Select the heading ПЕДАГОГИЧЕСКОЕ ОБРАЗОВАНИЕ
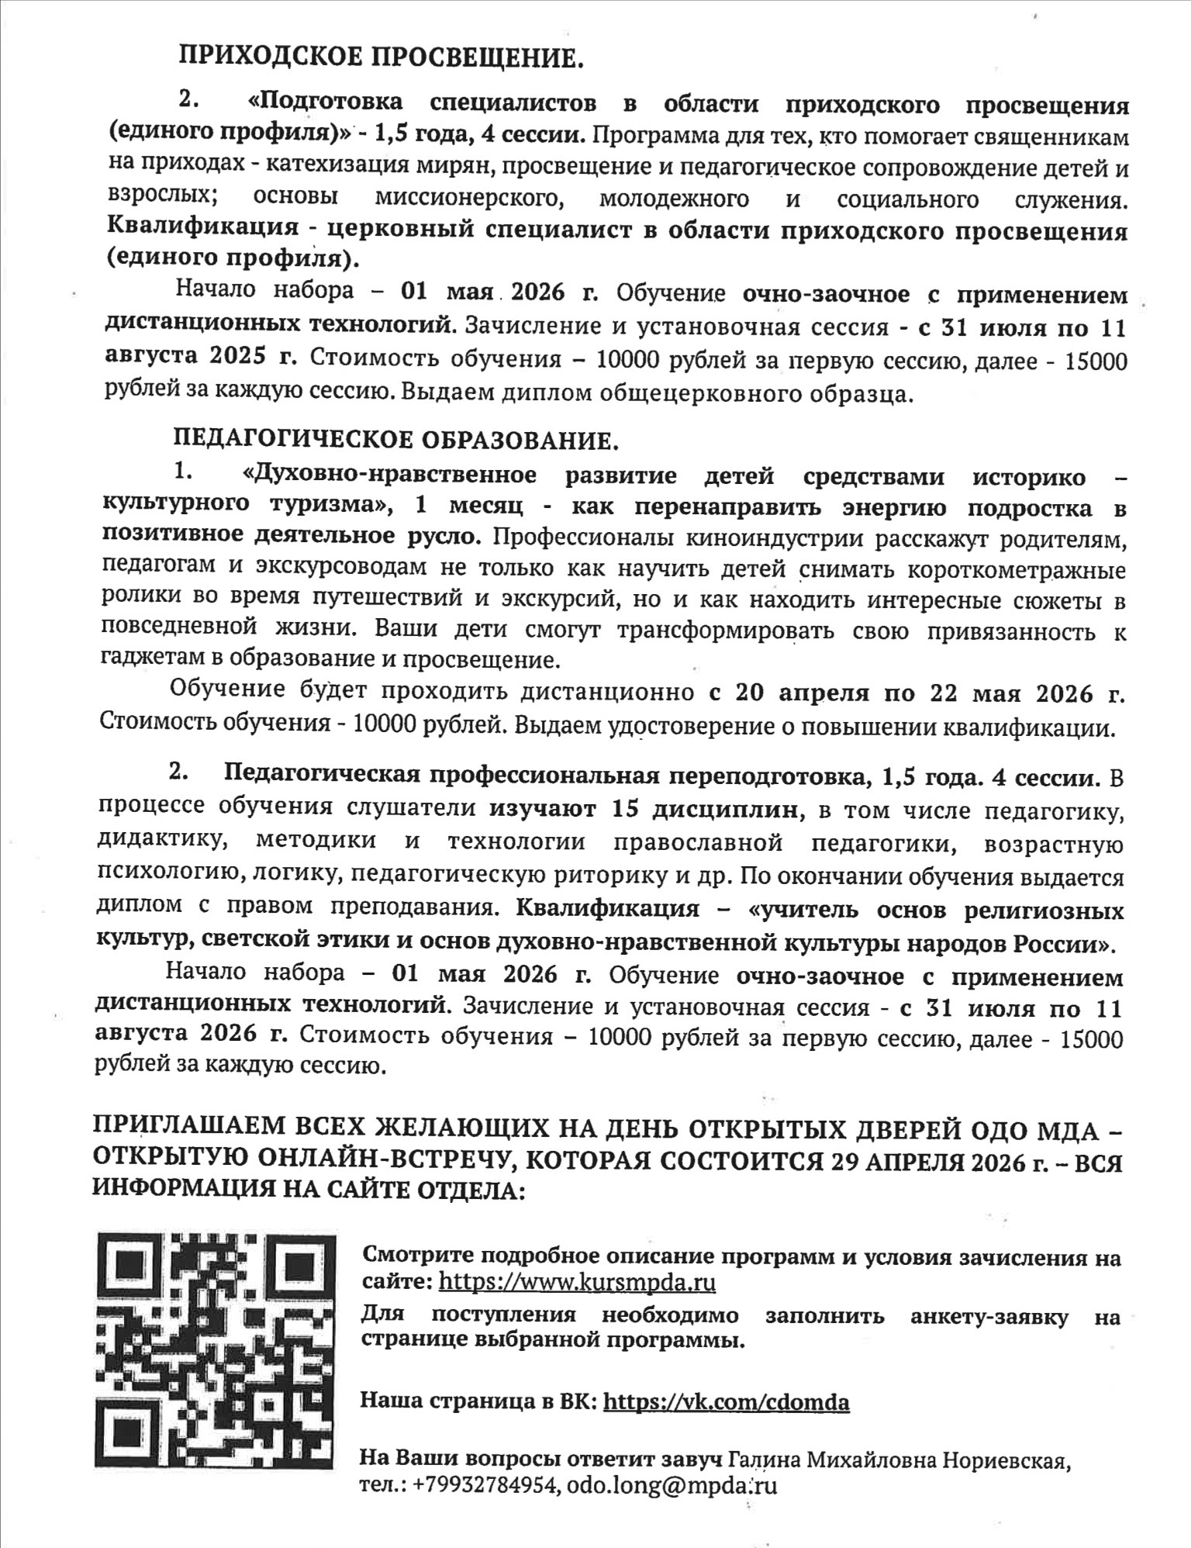pyautogui.click(x=396, y=441)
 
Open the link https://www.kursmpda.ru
pyautogui.click(x=577, y=1281)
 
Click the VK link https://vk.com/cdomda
pyautogui.click(x=726, y=1402)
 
